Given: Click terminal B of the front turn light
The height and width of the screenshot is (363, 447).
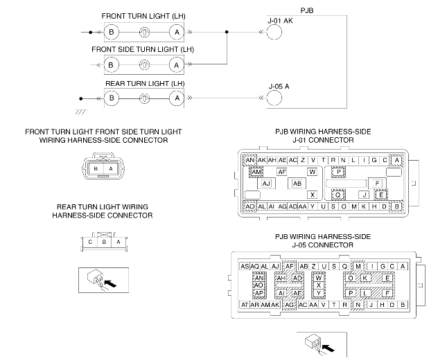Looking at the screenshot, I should [111, 31].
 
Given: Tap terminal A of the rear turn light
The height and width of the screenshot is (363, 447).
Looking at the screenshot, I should [177, 98].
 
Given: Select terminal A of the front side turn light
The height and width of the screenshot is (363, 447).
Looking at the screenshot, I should [177, 64].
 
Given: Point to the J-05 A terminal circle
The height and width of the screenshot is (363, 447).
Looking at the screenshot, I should [276, 98].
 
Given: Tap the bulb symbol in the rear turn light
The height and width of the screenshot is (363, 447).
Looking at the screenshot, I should [144, 98].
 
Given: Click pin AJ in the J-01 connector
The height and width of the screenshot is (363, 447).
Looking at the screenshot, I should [266, 184].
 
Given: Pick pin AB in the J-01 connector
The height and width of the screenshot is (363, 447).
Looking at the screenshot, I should [297, 184].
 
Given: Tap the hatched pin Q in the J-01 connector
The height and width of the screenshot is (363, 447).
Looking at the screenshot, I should [338, 195].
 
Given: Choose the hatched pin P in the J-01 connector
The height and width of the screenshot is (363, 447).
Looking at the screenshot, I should [340, 172].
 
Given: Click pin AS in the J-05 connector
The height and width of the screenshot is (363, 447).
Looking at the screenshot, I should [244, 266].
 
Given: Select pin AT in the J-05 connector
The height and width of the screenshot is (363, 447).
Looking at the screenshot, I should [244, 304].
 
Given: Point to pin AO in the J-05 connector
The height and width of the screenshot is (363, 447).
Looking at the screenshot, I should [258, 285].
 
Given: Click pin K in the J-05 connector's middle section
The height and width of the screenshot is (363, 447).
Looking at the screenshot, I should [365, 278].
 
